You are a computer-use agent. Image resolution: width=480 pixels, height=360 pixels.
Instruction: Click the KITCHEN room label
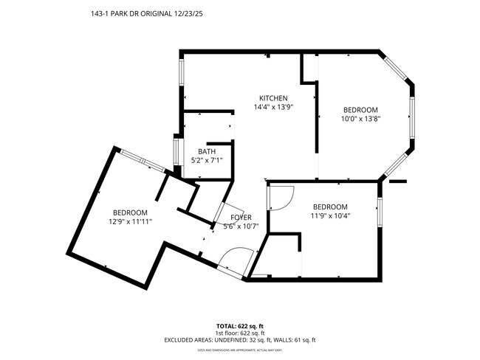(x=272, y=98)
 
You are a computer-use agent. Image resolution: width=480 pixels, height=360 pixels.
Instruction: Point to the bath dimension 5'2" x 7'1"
(x=206, y=160)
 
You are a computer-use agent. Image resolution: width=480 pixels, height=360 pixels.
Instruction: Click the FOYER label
(x=241, y=218)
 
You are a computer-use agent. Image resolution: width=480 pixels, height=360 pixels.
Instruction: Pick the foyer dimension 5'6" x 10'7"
(x=241, y=226)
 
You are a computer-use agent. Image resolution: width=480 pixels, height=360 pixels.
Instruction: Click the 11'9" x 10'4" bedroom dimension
(x=330, y=216)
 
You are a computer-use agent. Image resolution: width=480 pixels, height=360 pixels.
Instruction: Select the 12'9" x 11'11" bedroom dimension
(x=130, y=221)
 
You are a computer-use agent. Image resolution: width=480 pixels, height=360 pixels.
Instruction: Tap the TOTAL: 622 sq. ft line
(x=240, y=325)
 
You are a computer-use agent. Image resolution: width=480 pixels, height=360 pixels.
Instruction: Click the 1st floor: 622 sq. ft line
(x=240, y=333)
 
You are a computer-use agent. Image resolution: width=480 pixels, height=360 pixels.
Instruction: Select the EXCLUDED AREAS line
(x=240, y=340)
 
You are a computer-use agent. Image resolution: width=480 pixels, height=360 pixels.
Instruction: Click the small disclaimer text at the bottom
(x=240, y=350)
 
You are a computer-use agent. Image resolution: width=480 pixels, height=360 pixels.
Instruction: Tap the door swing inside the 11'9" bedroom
(x=280, y=196)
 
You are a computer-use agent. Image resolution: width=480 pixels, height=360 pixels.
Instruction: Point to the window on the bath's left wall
(x=176, y=150)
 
